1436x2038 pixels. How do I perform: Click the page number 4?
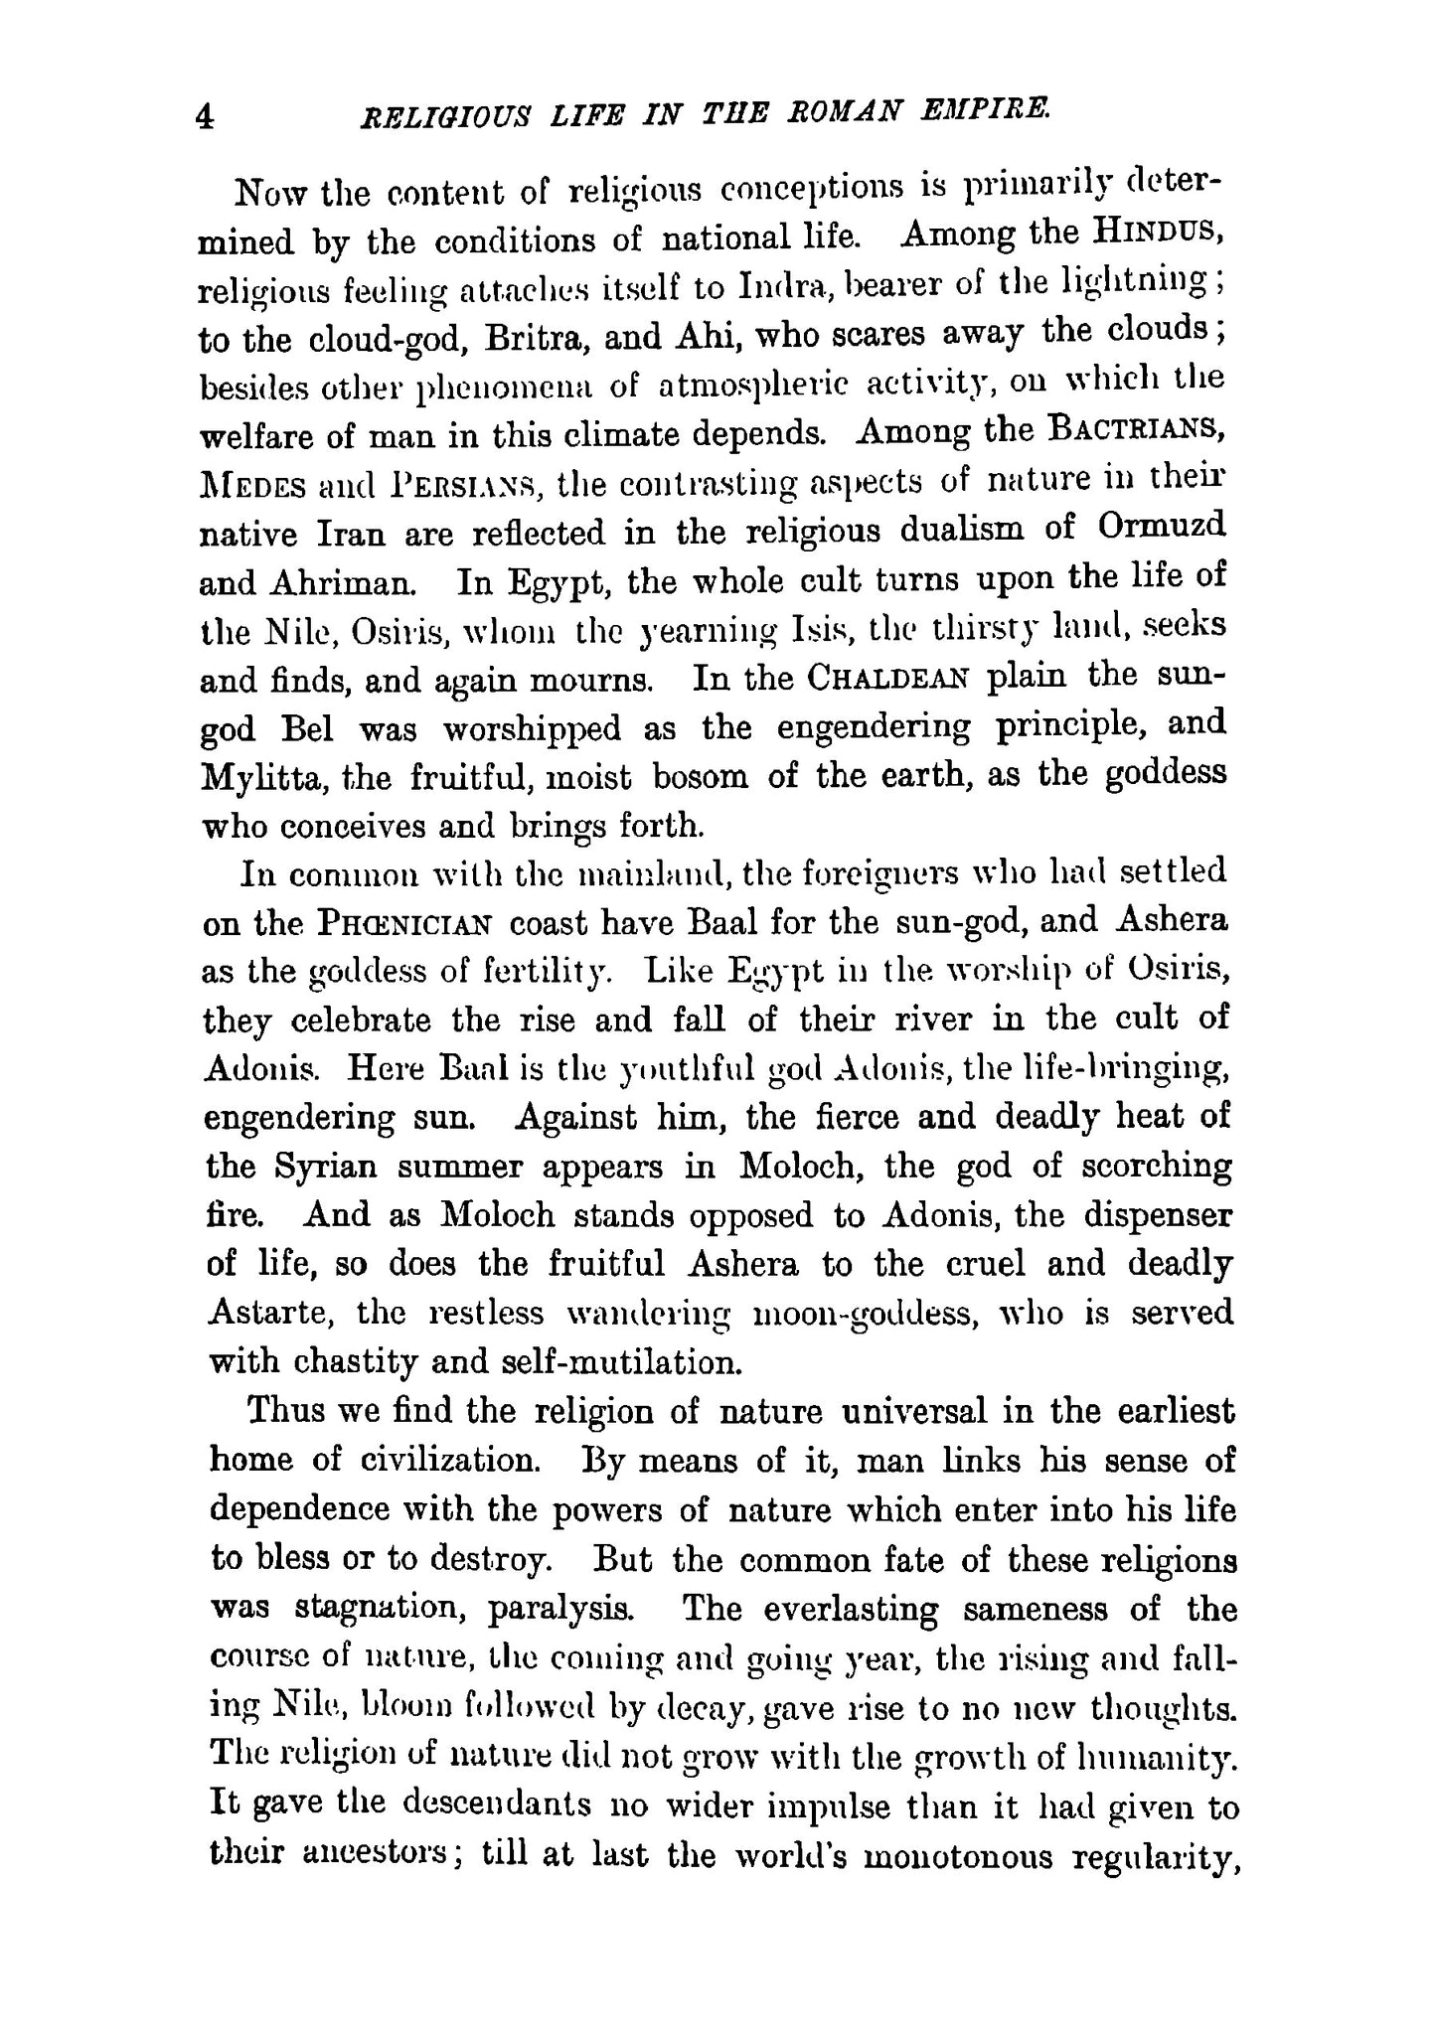coord(204,118)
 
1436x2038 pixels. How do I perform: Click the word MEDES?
coord(253,485)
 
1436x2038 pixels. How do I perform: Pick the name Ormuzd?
coord(1162,526)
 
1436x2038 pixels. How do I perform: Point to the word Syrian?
coord(326,1166)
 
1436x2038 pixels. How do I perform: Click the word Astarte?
coord(267,1313)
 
